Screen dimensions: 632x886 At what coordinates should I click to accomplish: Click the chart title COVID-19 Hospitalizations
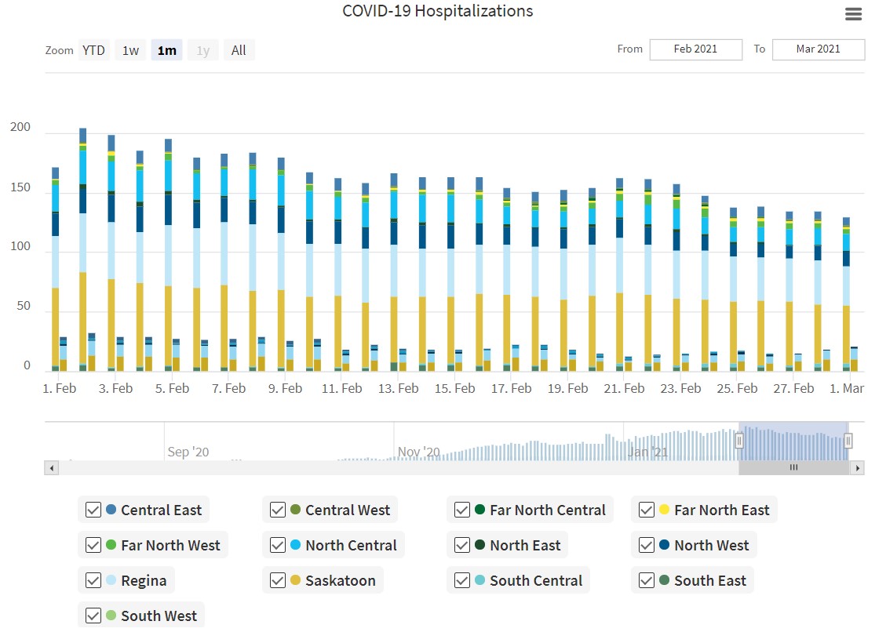coord(437,12)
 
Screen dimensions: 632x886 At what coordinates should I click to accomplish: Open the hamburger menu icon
coord(853,14)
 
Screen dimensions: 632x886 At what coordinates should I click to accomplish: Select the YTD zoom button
coord(93,50)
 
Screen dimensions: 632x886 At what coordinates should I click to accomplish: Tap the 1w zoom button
coord(130,50)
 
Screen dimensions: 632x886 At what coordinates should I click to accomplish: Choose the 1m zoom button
coord(166,50)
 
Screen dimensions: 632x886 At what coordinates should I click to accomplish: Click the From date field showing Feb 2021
coord(695,49)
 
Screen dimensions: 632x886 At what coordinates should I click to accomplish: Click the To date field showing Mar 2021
coord(818,49)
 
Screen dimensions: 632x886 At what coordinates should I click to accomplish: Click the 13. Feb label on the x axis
coord(398,388)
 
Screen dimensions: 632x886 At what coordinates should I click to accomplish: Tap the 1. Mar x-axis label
coord(846,388)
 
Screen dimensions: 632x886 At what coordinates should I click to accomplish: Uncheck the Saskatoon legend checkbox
coord(277,580)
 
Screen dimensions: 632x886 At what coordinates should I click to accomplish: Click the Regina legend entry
coord(144,580)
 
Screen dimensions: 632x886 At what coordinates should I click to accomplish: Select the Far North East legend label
coord(721,510)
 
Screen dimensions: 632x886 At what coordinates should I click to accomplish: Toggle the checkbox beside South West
coord(93,616)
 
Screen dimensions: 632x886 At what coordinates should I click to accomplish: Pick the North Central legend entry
coord(351,545)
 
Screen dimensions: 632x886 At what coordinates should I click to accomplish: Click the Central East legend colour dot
coord(111,510)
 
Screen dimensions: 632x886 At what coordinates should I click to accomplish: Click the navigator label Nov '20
coord(419,452)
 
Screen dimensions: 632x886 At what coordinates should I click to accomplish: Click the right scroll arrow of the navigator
coord(858,468)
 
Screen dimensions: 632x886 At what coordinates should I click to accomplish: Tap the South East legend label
coord(709,580)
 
